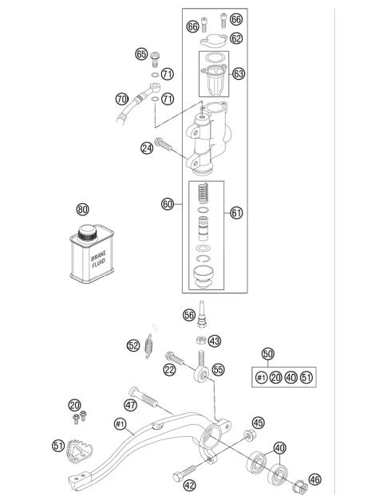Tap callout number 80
pos(82,211)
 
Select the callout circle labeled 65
pos(141,54)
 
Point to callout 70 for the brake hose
pos(122,100)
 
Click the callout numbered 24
pos(148,147)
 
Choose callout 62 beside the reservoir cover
pos(236,37)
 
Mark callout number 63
pos(239,73)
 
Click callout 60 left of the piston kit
pos(168,204)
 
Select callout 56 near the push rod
pos(189,314)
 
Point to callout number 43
pos(215,341)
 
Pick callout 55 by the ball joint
pos(218,370)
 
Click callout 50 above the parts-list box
pos(268,352)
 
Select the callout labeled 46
pos(315,479)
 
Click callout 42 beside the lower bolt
pos(189,484)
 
